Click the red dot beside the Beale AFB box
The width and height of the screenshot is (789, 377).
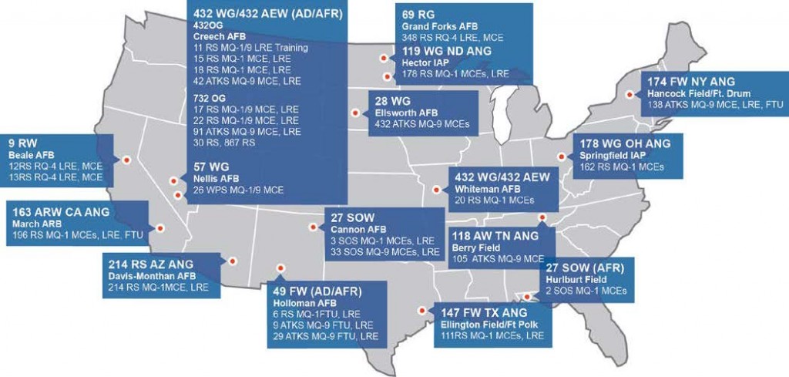pyautogui.click(x=126, y=160)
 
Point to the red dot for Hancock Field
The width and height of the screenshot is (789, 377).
pyautogui.click(x=630, y=94)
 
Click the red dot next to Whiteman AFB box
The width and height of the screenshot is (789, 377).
pyautogui.click(x=437, y=187)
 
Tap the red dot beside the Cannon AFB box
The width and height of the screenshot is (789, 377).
pyautogui.click(x=313, y=227)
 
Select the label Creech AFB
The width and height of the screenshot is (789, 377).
pyautogui.click(x=220, y=35)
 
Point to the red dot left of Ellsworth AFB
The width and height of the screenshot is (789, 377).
pyautogui.click(x=355, y=113)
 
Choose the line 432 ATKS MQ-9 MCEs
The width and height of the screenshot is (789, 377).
pyautogui.click(x=421, y=125)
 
